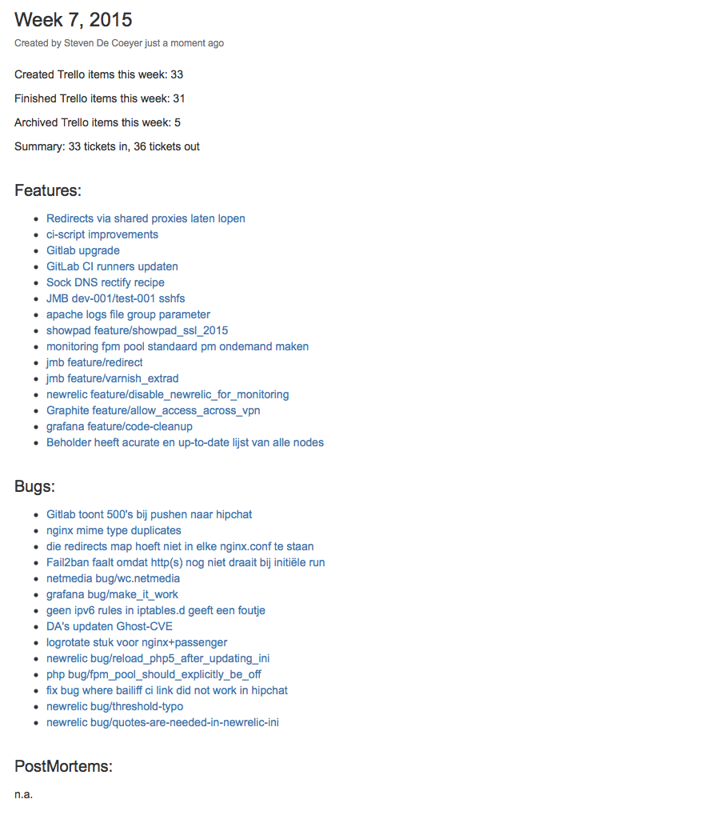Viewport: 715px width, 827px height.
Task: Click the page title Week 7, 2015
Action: point(74,19)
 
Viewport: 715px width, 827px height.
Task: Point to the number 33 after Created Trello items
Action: point(177,74)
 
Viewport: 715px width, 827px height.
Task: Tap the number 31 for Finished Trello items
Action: point(179,98)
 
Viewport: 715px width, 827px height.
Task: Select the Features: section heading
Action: point(48,190)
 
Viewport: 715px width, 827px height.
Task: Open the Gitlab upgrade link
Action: point(83,250)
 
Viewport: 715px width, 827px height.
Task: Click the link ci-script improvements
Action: point(102,234)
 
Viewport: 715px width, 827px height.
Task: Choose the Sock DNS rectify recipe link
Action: point(106,282)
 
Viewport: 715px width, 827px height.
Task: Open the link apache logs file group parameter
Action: point(128,314)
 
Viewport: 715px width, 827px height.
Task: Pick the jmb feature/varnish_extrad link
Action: point(113,378)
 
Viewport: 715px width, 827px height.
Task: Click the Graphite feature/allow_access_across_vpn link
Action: point(154,410)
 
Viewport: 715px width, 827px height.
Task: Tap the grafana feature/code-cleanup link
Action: point(119,426)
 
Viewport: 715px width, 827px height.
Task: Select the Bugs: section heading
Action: point(34,486)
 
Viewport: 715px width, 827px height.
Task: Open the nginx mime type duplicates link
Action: point(114,530)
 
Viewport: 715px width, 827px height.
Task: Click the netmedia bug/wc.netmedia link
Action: point(113,578)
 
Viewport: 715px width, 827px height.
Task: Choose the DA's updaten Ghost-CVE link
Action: point(110,626)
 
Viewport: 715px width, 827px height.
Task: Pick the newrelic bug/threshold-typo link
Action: point(114,706)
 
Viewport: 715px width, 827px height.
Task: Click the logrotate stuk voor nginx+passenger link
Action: point(137,642)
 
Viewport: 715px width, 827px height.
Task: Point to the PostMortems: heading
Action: point(63,766)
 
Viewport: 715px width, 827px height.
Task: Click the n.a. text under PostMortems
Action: point(23,795)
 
